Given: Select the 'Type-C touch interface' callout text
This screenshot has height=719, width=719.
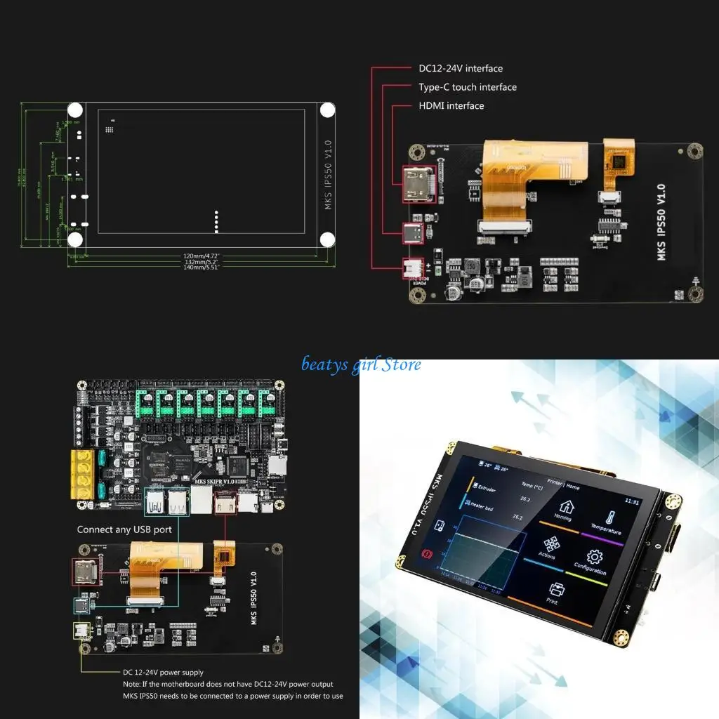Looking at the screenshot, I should pos(467,87).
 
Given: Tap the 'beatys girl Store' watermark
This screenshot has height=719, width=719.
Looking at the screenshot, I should pos(361,364).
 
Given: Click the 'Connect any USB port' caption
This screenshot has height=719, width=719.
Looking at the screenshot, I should pos(124,529).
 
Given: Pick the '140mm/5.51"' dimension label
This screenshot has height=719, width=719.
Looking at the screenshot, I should pos(202,268).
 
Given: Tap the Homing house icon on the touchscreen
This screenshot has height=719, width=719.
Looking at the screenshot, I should pos(565,506).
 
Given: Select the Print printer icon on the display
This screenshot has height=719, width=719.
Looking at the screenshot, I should pos(557,589).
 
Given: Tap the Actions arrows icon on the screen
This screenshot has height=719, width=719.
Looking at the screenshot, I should pos(551,544).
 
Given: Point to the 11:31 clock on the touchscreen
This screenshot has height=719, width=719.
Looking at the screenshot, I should pos(632,502).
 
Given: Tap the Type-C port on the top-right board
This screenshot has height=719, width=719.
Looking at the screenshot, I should pos(413,232).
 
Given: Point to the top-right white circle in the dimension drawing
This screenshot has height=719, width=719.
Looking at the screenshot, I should pos(327,110).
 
